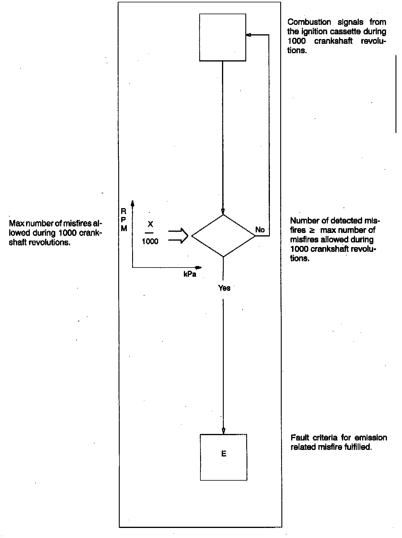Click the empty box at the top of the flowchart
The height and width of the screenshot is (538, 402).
(223, 37)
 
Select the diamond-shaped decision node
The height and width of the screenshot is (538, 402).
(223, 236)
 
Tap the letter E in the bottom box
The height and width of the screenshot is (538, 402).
(224, 453)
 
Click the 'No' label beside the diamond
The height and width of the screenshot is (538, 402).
(260, 230)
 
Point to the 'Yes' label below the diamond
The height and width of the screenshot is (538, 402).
(224, 288)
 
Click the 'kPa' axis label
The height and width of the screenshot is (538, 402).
(190, 274)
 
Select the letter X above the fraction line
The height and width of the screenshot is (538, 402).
(150, 224)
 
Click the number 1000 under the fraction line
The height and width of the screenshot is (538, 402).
(150, 242)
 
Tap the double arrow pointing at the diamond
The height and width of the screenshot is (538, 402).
(178, 236)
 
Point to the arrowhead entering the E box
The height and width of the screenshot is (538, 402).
(223, 431)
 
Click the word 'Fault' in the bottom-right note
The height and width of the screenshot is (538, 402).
(300, 437)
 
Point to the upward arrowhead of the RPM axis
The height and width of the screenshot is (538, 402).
(133, 203)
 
